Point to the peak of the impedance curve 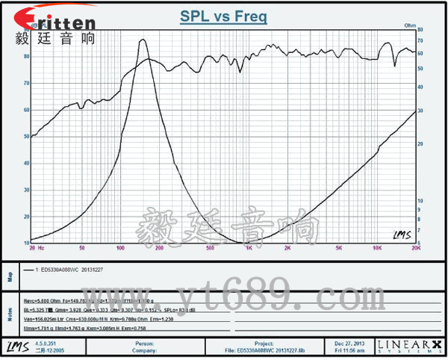tap(143, 40)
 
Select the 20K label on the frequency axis tap(414, 246)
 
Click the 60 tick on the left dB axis tap(26, 110)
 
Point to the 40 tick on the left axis tap(26, 164)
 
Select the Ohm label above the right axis tap(409, 25)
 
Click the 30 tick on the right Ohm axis tap(421, 110)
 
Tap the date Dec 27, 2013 tap(350, 344)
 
